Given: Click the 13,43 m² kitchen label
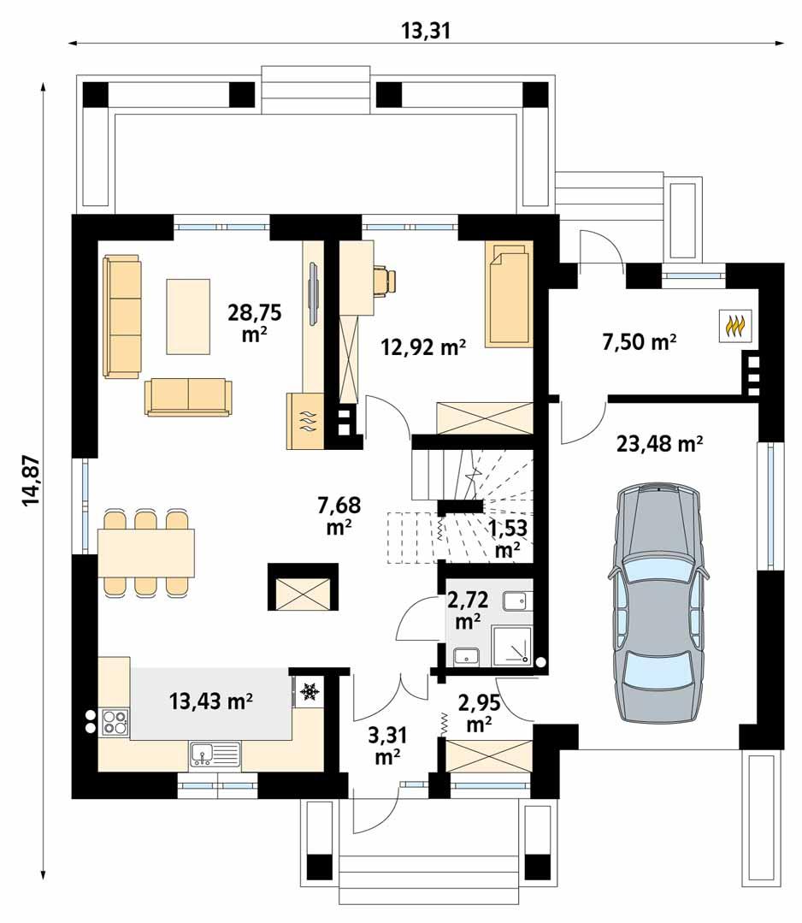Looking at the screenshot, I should [210, 702].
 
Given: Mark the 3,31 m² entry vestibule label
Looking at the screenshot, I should [389, 743].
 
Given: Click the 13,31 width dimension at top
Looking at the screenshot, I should [425, 32].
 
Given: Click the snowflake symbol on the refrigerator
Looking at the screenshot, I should [309, 690].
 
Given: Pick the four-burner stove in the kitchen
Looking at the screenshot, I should [115, 723].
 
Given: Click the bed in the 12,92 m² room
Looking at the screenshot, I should [508, 293].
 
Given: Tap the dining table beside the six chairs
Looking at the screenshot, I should [146, 553].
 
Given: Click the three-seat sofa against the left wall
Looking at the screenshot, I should [121, 316].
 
